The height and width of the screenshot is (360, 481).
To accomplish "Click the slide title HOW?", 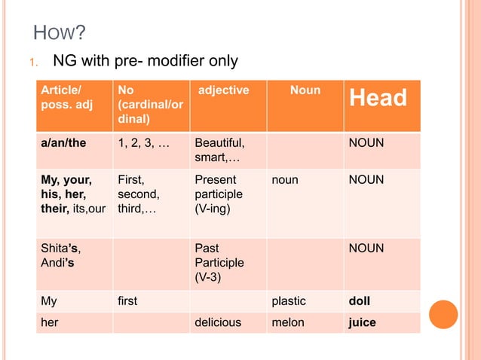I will pyautogui.click(x=60, y=33).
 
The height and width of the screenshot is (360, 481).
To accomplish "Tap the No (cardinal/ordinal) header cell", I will pyautogui.click(x=149, y=104).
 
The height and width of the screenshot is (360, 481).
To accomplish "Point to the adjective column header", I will pyautogui.click(x=222, y=90).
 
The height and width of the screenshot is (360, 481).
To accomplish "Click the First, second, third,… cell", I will pyautogui.click(x=137, y=194).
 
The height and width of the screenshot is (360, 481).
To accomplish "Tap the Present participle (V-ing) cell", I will pyautogui.click(x=219, y=194).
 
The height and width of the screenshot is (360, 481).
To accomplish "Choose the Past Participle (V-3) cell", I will pyautogui.click(x=219, y=263).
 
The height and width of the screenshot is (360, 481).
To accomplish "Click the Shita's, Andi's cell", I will pyautogui.click(x=61, y=255).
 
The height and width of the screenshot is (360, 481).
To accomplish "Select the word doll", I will pyautogui.click(x=359, y=301).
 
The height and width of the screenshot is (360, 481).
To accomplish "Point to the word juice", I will pyautogui.click(x=361, y=322).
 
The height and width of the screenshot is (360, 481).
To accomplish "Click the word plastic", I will pyautogui.click(x=289, y=301).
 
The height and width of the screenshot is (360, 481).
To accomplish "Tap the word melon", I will pyautogui.click(x=288, y=322).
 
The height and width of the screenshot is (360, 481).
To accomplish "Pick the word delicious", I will pyautogui.click(x=218, y=322).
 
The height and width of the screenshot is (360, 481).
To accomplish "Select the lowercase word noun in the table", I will pyautogui.click(x=285, y=180).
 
